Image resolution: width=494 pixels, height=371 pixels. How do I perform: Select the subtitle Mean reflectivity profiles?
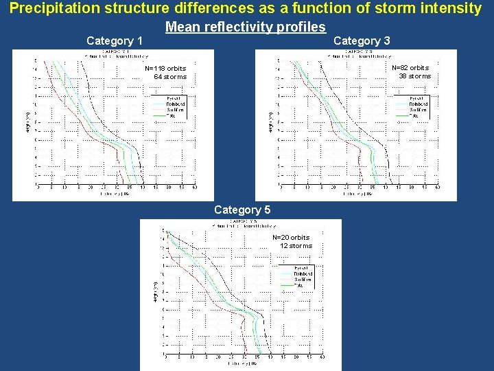pos(245,27)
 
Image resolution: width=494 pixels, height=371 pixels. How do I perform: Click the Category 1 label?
pos(115,41)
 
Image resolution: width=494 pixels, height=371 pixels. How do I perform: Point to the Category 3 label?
pos(362,41)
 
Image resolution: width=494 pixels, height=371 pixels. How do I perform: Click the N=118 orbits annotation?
pos(165,69)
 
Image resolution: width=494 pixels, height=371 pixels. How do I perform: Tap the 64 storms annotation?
pos(170,77)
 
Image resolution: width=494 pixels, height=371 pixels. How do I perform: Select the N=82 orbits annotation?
pos(410,68)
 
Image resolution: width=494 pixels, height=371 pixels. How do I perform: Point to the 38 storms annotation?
pos(415,76)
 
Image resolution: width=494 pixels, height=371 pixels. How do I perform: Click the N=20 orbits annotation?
pos(291,238)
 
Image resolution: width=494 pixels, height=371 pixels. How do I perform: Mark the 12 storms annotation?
pos(296,246)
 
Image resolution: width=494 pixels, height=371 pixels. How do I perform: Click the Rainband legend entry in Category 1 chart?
pos(176,104)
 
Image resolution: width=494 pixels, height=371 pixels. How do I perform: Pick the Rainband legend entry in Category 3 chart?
pos(419,104)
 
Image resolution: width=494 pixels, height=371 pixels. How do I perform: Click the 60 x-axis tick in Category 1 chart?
pos(195,187)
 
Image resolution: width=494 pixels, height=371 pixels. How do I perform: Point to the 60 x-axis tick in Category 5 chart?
pos(322,357)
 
